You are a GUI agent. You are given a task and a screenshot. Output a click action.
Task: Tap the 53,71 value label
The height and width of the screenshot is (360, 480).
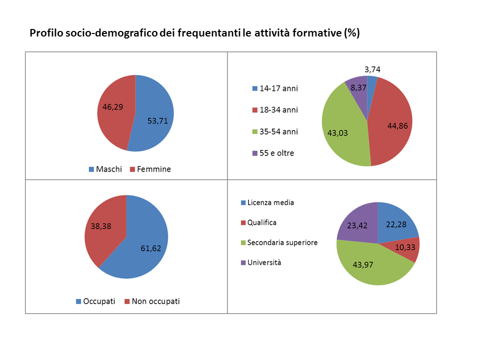point(157,121)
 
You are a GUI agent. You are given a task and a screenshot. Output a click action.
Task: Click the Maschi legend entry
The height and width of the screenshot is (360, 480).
point(105,169)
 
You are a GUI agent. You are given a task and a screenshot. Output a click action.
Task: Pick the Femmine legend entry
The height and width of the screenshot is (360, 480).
point(150,169)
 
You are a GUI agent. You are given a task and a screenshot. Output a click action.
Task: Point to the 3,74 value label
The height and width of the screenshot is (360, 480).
point(372,69)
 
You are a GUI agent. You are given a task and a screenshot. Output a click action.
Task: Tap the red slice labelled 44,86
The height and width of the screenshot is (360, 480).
point(392,122)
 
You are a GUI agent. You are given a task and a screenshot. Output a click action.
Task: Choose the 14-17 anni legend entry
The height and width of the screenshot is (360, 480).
point(275,88)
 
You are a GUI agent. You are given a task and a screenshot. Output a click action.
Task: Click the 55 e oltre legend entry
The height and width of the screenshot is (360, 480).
point(273,153)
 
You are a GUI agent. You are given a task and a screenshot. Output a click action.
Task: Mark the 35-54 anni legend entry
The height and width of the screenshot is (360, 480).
point(275,131)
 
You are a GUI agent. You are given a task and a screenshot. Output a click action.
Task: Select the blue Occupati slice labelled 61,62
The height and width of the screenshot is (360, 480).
point(141,245)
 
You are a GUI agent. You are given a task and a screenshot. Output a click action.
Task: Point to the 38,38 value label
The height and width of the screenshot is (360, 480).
point(101,226)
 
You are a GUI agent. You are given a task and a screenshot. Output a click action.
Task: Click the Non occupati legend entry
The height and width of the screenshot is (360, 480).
point(152,301)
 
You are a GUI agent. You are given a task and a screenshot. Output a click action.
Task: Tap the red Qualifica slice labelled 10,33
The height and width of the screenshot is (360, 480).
point(404,248)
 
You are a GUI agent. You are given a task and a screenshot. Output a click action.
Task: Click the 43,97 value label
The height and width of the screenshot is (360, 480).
point(363,265)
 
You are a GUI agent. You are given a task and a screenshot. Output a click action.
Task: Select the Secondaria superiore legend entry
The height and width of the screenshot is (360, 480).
point(279,243)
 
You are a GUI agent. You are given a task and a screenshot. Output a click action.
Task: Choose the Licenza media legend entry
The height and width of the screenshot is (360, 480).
point(267,202)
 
